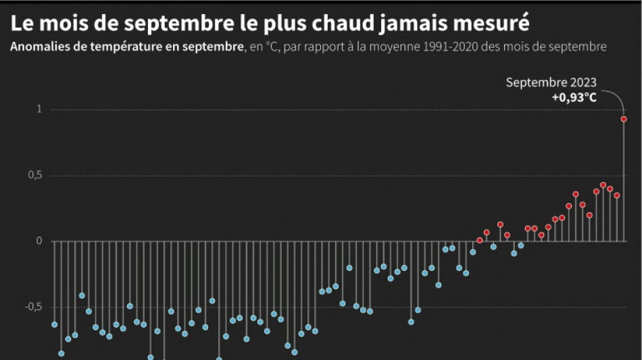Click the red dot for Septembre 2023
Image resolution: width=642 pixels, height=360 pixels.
click(x=624, y=119)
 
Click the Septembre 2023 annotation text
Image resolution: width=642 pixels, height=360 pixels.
click(x=551, y=82)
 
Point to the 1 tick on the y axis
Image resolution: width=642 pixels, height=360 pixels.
click(x=39, y=109)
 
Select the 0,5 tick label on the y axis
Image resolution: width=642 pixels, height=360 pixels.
click(x=35, y=176)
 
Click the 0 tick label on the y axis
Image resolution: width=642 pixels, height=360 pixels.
click(x=39, y=241)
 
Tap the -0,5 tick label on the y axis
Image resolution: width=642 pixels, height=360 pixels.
click(x=34, y=307)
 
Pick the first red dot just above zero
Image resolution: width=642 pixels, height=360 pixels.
click(x=480, y=240)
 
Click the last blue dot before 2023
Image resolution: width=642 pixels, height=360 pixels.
click(x=521, y=245)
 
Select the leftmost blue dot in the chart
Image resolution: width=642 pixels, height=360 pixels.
click(x=55, y=324)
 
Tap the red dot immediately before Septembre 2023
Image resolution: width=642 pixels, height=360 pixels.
click(x=617, y=195)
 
